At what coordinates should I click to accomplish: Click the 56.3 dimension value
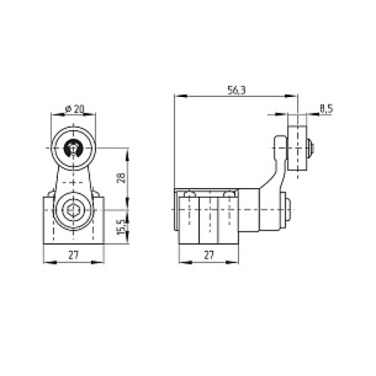(236, 90)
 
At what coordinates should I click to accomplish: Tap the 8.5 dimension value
(326, 109)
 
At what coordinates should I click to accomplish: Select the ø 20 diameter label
(74, 109)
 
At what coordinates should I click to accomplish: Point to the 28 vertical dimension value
(121, 178)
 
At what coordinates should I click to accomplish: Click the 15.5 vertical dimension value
(121, 227)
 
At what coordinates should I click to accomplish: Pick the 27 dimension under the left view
(74, 255)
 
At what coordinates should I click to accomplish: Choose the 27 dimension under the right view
(209, 255)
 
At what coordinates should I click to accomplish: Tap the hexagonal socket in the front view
(73, 210)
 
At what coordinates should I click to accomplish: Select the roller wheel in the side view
(297, 148)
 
